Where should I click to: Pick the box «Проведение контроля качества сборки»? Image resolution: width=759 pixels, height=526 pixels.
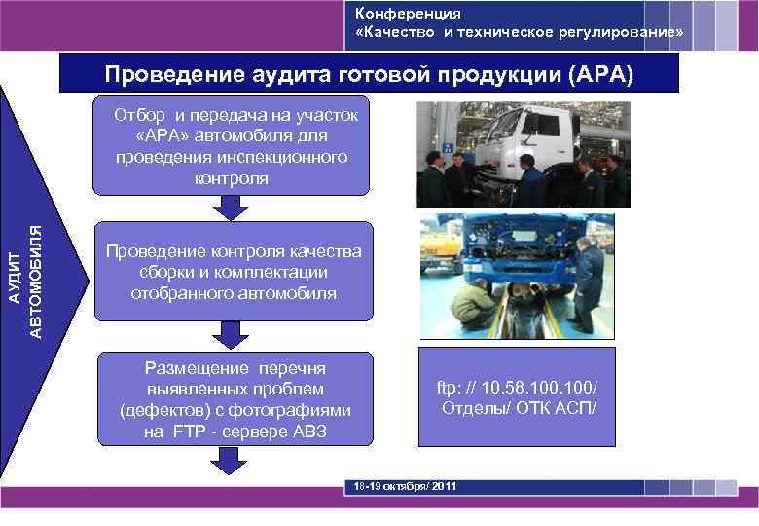[x=234, y=272]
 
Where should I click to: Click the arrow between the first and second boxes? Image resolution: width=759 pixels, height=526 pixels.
[x=230, y=207]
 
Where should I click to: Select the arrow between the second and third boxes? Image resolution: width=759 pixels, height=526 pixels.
[x=231, y=334]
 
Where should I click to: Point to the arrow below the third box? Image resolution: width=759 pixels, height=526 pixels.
[x=231, y=461]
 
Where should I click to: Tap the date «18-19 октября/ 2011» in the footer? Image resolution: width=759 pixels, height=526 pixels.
[x=402, y=485]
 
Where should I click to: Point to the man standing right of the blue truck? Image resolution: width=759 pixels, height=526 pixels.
[x=587, y=282]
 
